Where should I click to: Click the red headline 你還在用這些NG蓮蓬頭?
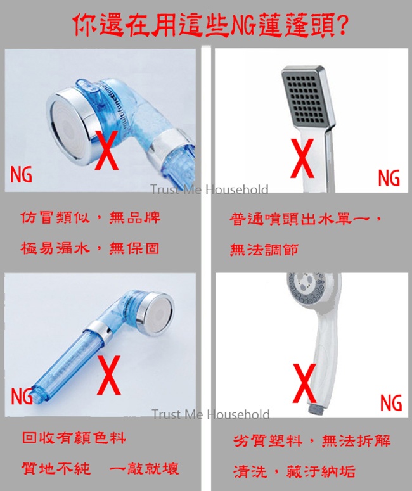point(210,25)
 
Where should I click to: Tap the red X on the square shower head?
point(302,158)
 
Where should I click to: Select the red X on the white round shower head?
point(304,383)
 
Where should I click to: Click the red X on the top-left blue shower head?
point(107,150)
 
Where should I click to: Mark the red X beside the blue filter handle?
point(109,375)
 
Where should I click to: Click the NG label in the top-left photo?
point(22,174)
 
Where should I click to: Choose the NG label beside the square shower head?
point(389,178)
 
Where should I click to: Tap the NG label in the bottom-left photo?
point(22,396)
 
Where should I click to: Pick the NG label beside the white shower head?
point(391,402)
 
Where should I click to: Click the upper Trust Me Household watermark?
point(209,190)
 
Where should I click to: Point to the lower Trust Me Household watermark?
point(210,414)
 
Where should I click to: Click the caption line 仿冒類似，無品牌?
point(91,217)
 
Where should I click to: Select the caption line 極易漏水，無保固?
point(90,248)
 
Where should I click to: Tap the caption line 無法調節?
point(264,250)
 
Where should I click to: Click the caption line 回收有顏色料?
point(74,437)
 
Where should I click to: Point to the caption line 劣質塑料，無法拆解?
point(312,441)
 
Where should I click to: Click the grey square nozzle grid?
point(306,99)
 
